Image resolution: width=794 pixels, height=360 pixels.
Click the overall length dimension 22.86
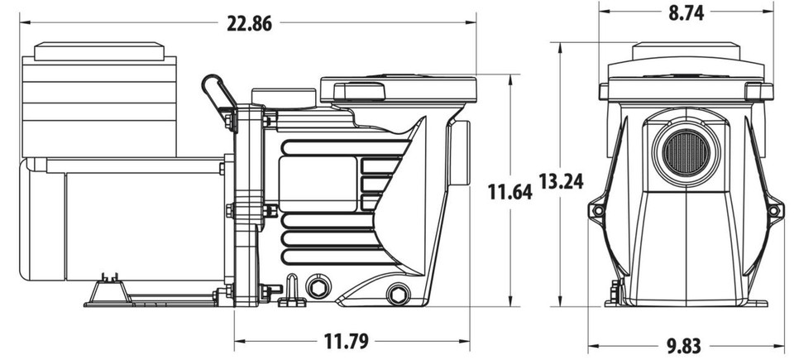point(249,24)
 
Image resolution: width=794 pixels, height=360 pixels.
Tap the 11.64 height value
point(509,193)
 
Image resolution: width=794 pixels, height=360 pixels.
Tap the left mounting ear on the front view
point(596,210)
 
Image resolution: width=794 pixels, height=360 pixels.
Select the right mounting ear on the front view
point(773,210)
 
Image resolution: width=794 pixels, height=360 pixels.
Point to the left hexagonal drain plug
point(316,287)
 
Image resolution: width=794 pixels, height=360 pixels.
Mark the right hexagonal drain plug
point(398,294)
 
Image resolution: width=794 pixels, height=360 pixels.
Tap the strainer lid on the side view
point(397,88)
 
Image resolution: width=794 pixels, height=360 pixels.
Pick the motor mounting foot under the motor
point(108,291)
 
